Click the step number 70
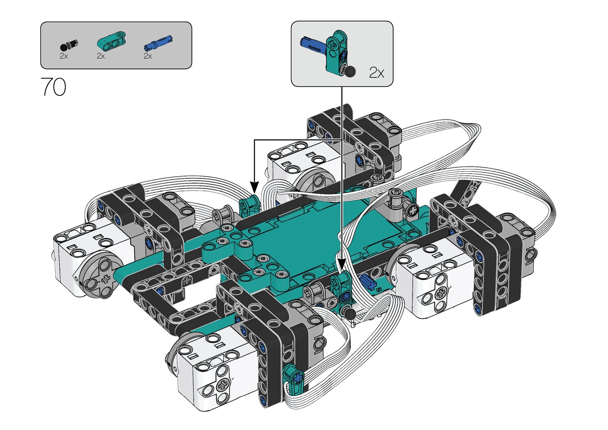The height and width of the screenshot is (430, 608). coord(53,87)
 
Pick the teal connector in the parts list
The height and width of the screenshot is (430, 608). coord(112,41)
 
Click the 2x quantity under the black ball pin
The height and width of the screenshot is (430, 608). coord(64,56)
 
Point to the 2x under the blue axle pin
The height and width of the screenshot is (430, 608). coord(148,56)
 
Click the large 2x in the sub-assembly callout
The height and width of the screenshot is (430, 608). coord(376,73)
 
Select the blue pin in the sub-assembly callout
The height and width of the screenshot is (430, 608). coord(313,43)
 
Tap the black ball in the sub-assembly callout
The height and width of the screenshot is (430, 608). coord(349,71)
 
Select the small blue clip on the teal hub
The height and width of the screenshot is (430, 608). coord(366,281)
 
